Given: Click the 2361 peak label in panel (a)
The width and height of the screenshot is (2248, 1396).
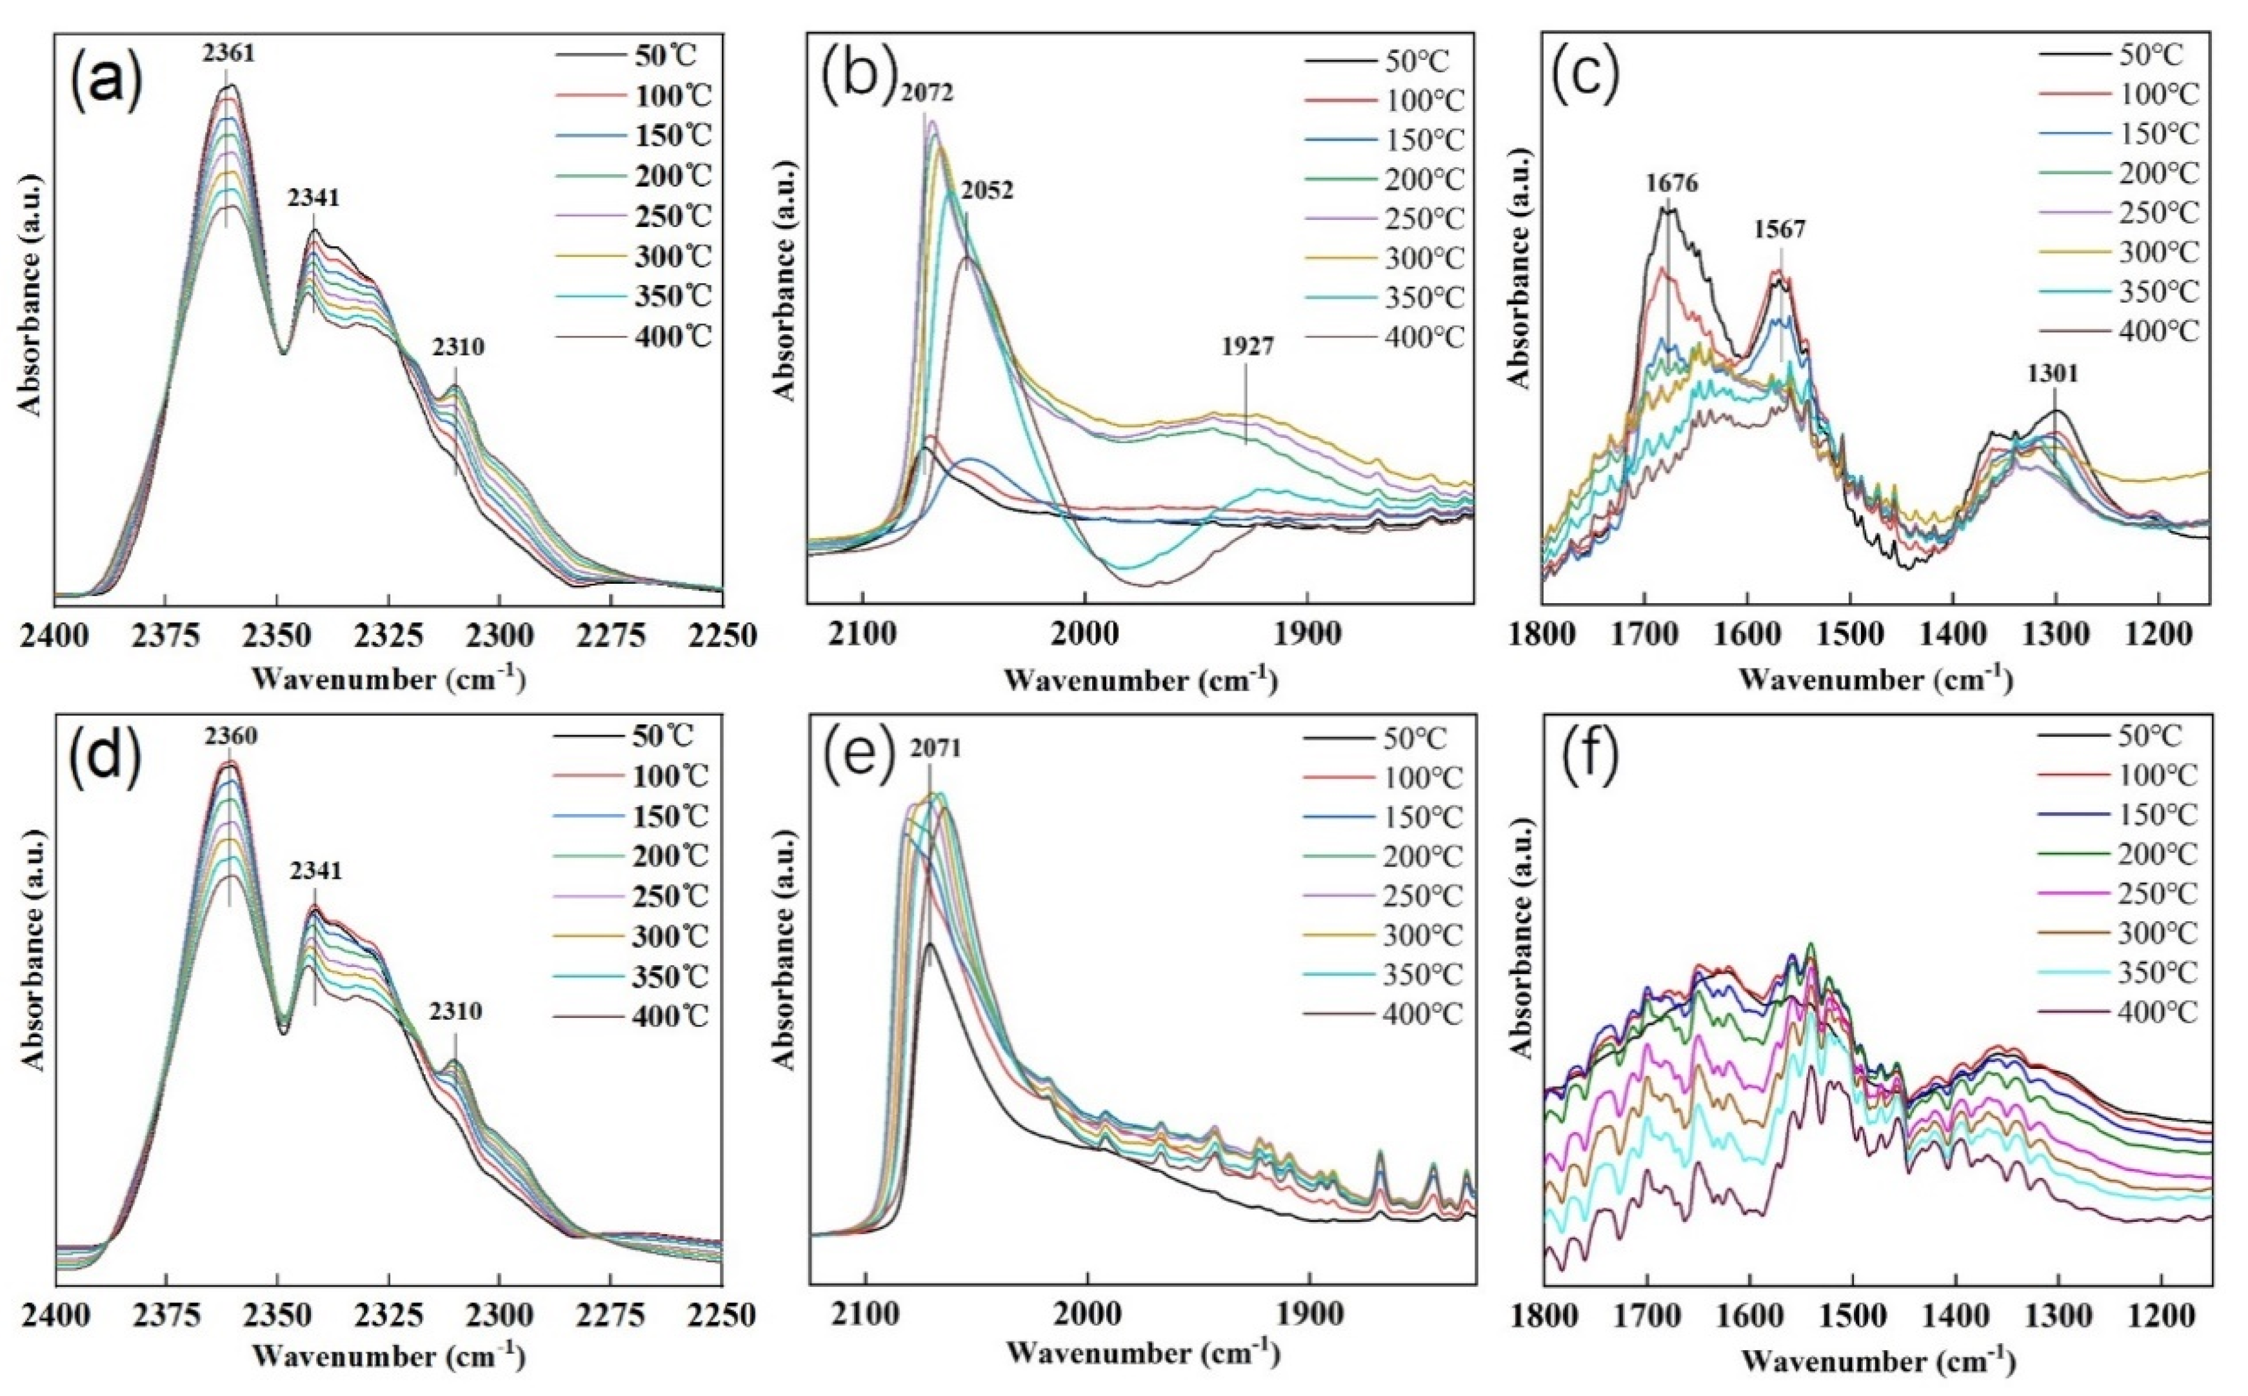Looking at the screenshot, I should click(228, 54).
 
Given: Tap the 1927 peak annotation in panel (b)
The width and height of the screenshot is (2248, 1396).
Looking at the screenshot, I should click(1248, 347).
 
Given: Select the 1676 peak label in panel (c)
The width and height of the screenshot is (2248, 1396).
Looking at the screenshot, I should click(1671, 183).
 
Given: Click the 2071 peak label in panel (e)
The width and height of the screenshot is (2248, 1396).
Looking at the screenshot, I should click(933, 748).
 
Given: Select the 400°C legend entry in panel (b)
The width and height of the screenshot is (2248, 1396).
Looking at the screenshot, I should click(1424, 337).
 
